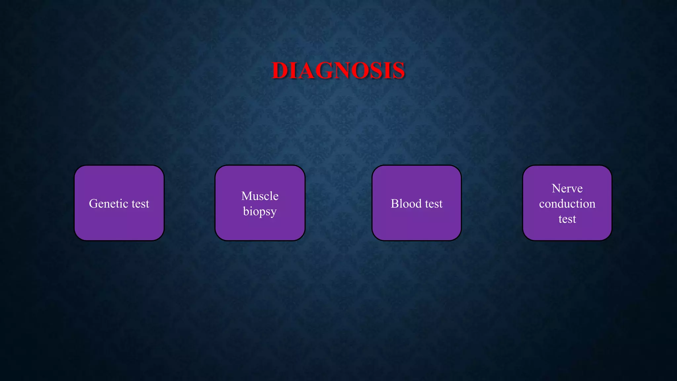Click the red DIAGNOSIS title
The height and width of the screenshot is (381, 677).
click(x=338, y=70)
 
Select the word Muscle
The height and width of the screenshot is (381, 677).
click(x=260, y=196)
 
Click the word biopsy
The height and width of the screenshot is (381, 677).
click(x=260, y=212)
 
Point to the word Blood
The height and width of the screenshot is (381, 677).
click(x=406, y=203)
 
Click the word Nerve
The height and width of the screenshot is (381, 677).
click(x=567, y=188)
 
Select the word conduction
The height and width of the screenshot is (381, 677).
click(x=567, y=204)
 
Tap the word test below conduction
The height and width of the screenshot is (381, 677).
click(x=567, y=219)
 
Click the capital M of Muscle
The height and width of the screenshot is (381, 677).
click(x=247, y=196)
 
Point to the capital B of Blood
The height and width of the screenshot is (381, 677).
click(x=395, y=203)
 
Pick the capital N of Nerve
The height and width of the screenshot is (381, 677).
click(x=556, y=188)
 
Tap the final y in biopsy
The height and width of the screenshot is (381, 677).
click(x=273, y=213)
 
